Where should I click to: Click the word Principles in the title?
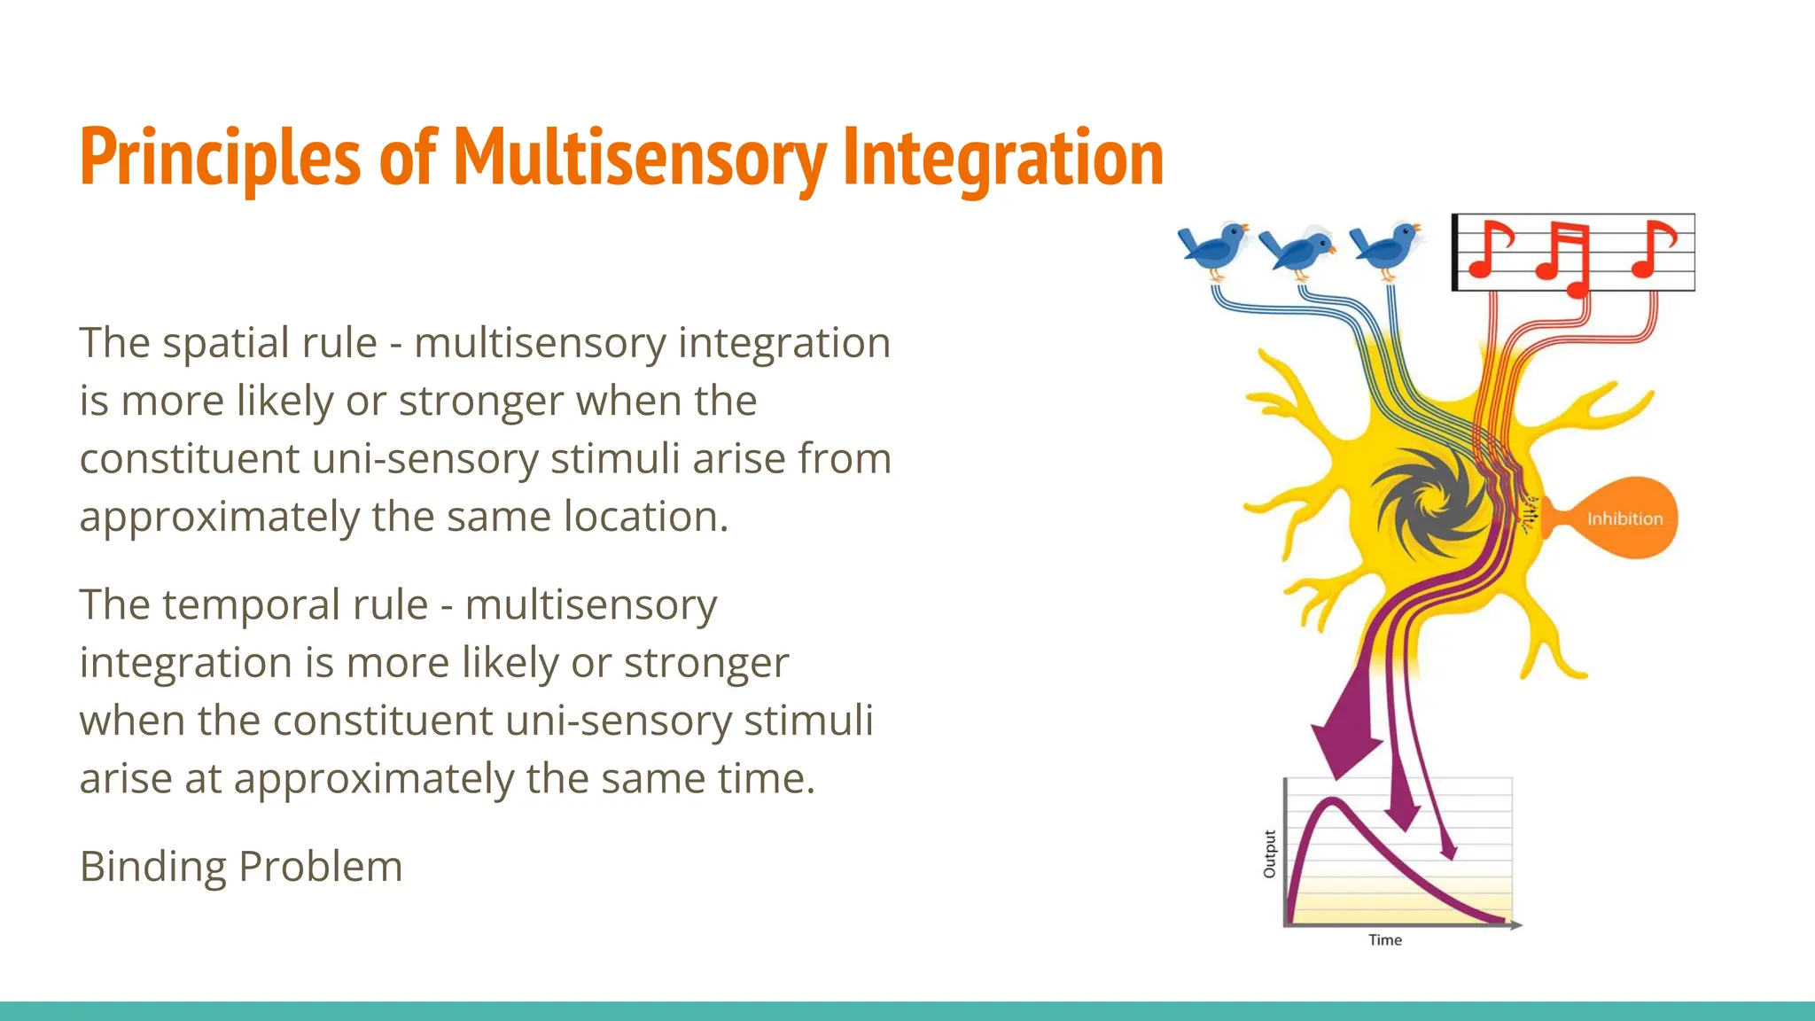[220, 158]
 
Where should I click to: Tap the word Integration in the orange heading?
[1002, 158]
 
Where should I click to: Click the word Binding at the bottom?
[152, 868]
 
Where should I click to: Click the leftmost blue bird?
[1212, 247]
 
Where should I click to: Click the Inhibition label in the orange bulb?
[1624, 519]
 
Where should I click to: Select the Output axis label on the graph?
[1269, 854]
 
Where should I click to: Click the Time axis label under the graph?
[1384, 940]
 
